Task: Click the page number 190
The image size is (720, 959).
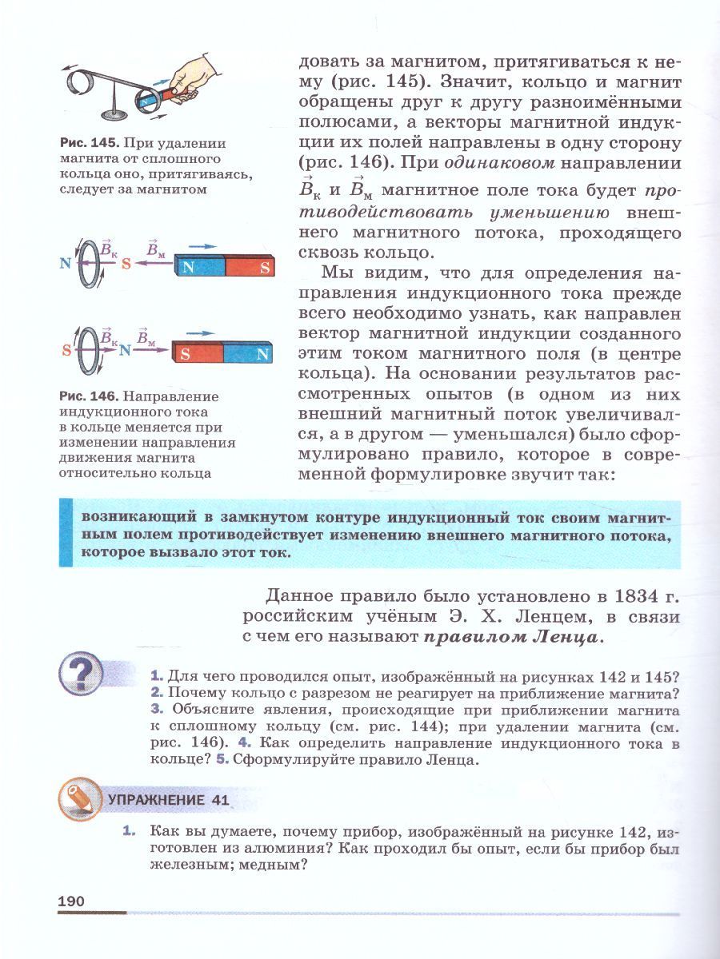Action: click(71, 901)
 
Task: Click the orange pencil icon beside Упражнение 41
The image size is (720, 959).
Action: click(79, 798)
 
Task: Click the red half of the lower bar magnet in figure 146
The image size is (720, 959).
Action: click(198, 353)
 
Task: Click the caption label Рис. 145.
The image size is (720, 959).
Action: click(88, 144)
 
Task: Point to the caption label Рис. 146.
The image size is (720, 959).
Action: click(88, 396)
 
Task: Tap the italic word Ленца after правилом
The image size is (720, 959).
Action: click(565, 638)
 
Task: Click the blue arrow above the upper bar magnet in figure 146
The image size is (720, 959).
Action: click(206, 246)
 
